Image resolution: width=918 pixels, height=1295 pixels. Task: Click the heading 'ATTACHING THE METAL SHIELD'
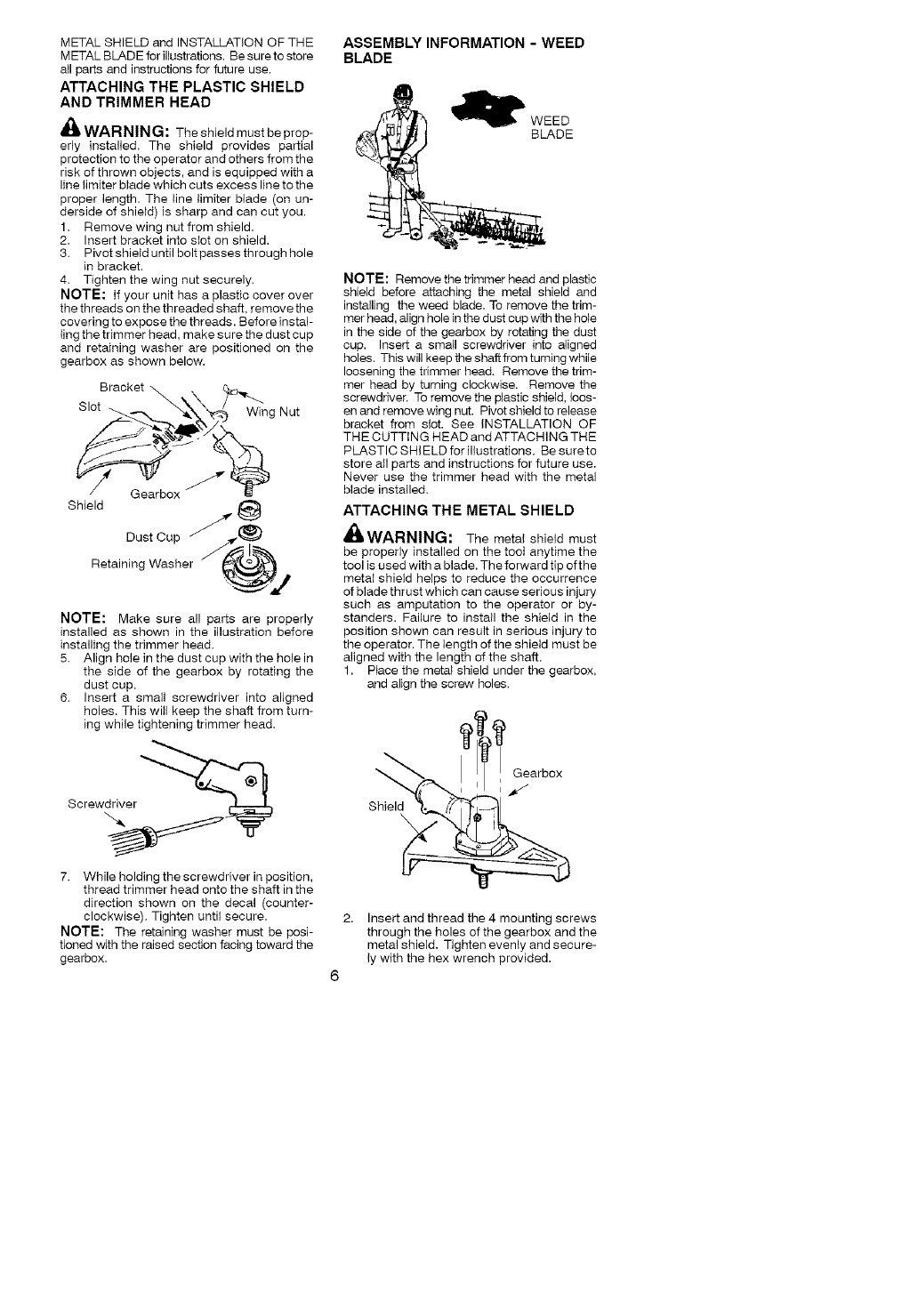tap(459, 510)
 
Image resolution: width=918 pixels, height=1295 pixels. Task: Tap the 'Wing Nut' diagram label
tap(273, 412)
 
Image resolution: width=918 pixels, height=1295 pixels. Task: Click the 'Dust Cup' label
tap(153, 536)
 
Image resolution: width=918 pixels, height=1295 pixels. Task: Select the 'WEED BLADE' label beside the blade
tap(552, 127)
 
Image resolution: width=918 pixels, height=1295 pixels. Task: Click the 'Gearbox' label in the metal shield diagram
tap(537, 773)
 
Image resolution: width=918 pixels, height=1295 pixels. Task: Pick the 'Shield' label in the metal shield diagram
tap(385, 806)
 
